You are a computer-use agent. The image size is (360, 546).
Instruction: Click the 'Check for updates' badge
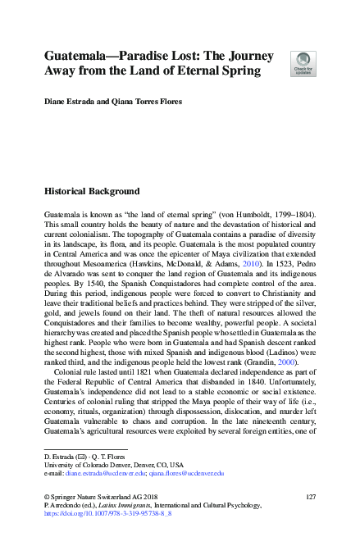[303, 62]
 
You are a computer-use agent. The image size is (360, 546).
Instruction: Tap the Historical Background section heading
[91, 192]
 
